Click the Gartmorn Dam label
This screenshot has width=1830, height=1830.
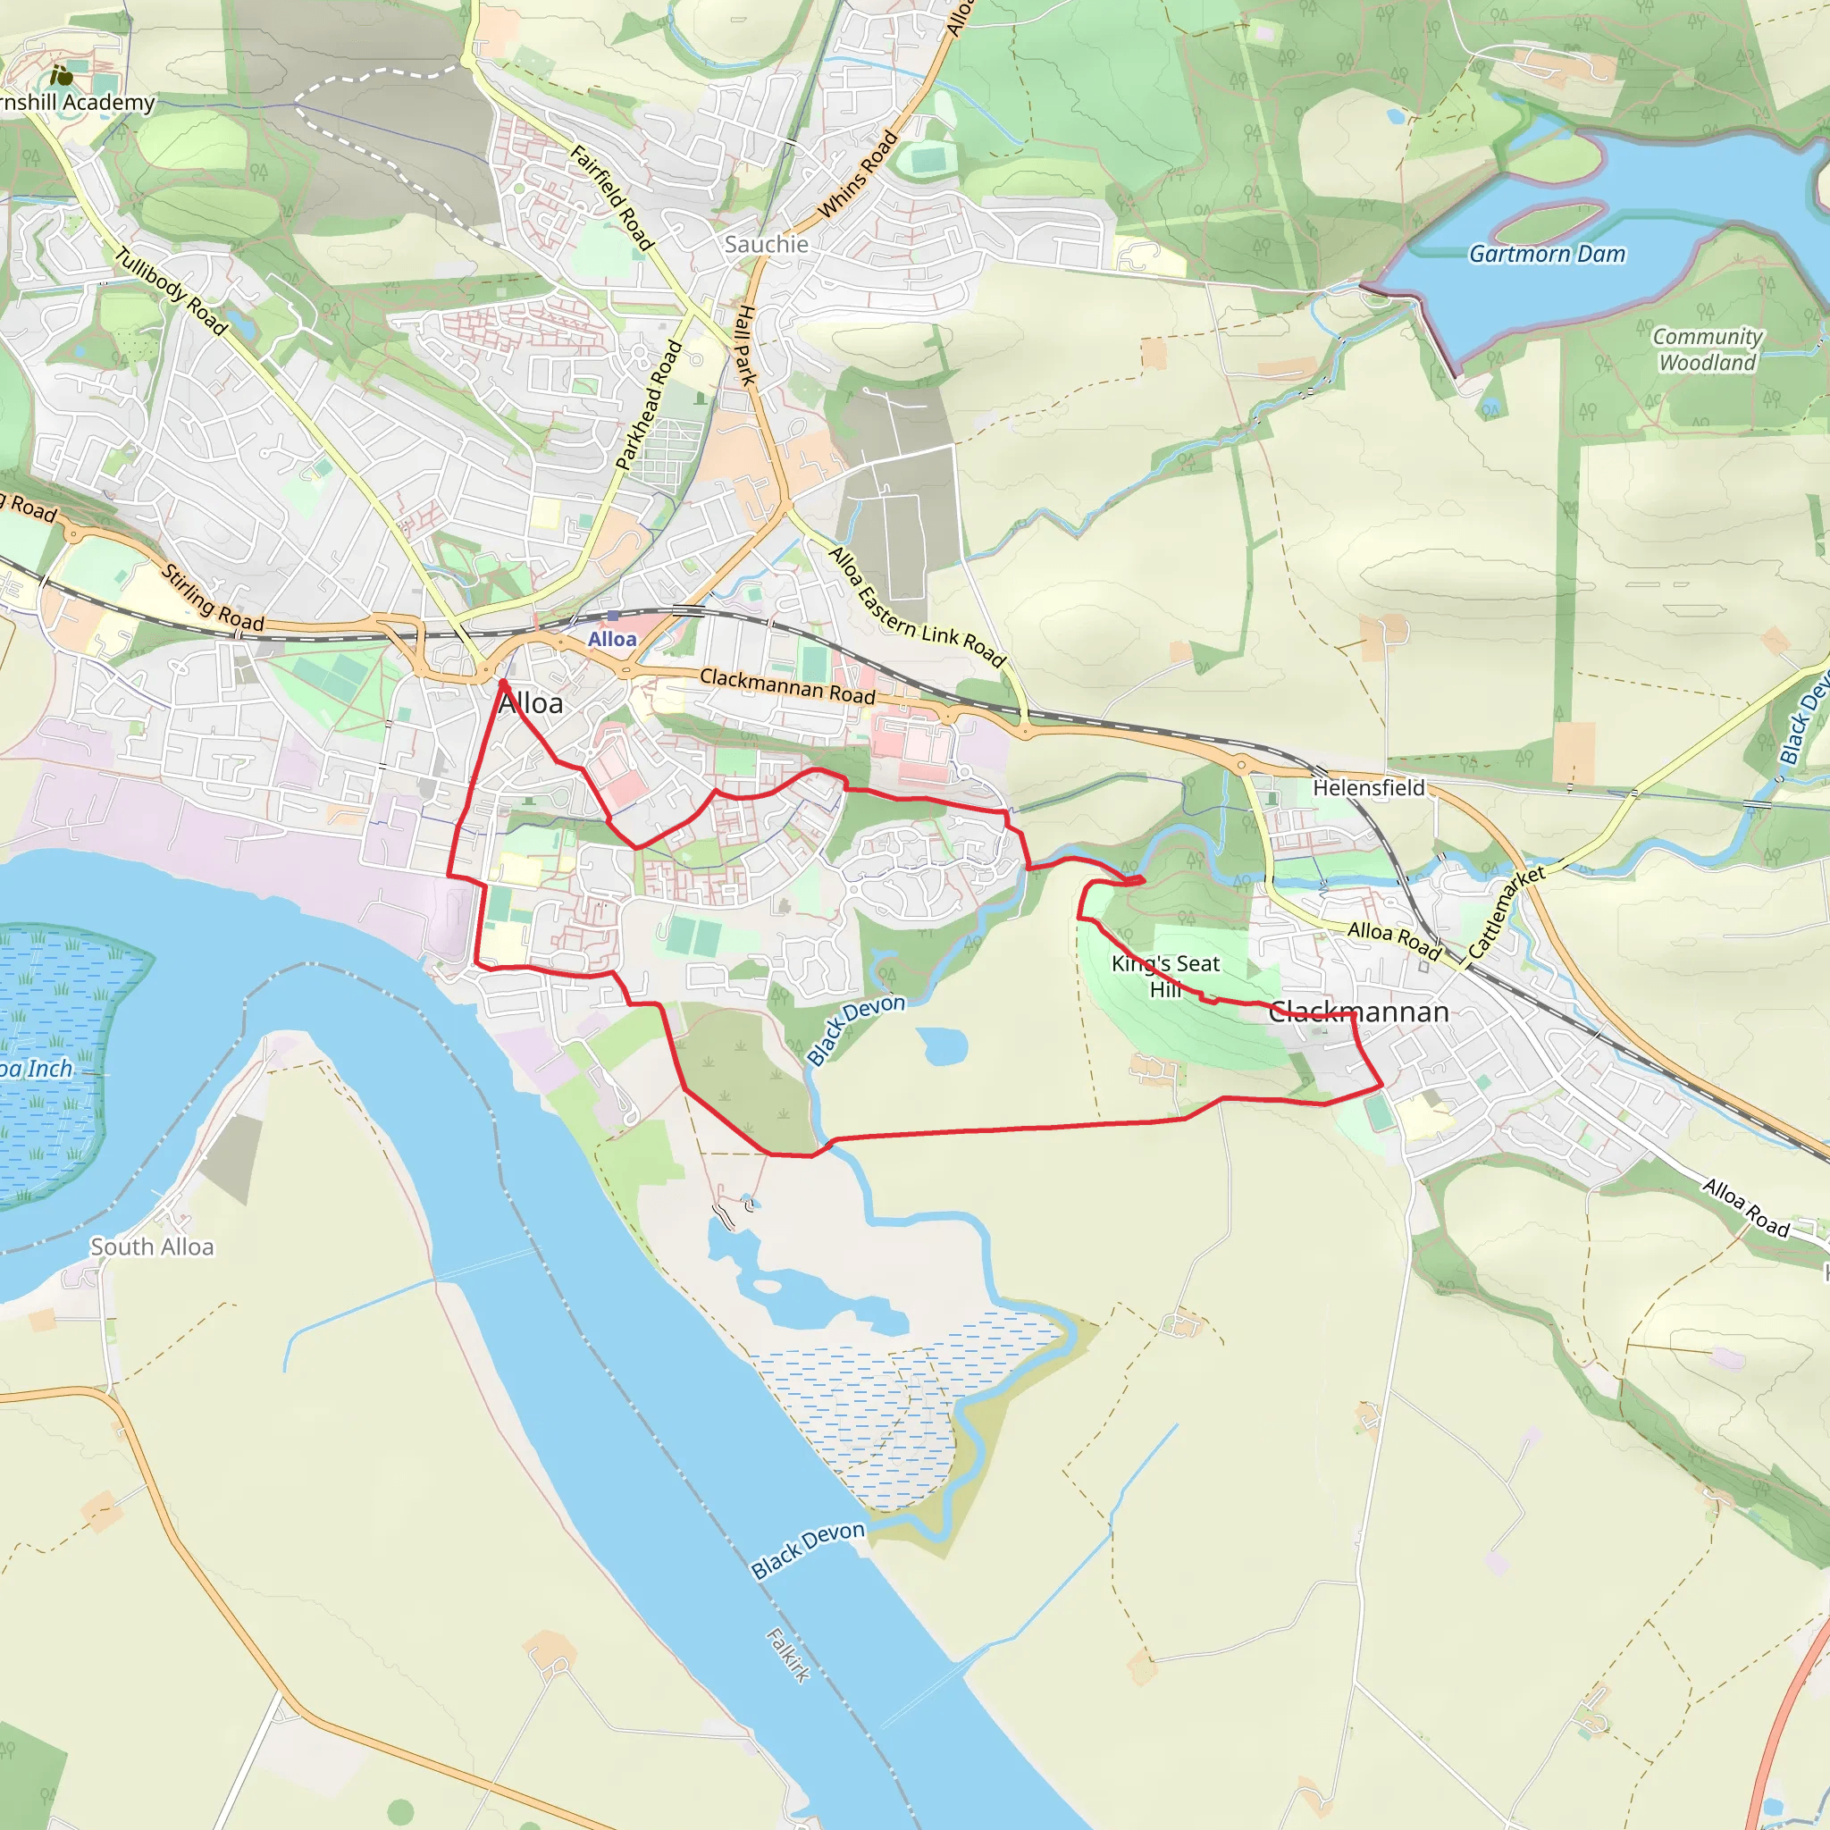(x=1547, y=254)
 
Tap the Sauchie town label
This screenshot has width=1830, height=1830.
(x=767, y=244)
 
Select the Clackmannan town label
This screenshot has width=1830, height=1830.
(x=1358, y=1012)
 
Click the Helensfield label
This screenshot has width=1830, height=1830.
(x=1368, y=787)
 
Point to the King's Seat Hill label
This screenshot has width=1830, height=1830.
(x=1165, y=976)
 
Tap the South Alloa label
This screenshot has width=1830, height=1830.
(x=153, y=1247)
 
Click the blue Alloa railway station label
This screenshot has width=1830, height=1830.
(x=612, y=640)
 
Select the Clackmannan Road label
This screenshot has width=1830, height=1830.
(x=787, y=685)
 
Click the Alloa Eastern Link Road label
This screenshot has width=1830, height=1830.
(x=916, y=607)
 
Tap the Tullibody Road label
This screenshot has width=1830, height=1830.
(x=172, y=290)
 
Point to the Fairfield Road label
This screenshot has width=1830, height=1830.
(x=612, y=197)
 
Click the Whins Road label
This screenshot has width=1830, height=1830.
(x=858, y=174)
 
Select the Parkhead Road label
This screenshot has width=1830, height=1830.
(x=649, y=405)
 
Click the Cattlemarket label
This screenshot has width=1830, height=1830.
(x=1506, y=911)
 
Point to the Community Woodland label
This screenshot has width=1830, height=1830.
(x=1707, y=349)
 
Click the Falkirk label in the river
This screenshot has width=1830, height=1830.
(x=788, y=1654)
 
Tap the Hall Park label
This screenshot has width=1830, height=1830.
(x=747, y=345)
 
